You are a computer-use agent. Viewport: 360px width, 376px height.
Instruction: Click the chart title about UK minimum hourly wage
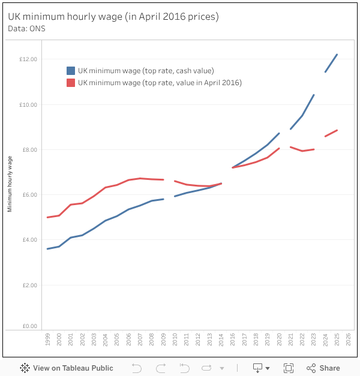[x=113, y=17]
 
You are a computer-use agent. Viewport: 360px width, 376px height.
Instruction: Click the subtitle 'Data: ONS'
[x=26, y=28]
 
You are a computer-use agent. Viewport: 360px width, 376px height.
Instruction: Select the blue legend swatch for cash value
[x=71, y=71]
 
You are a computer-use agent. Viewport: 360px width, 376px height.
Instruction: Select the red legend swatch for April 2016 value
[x=71, y=83]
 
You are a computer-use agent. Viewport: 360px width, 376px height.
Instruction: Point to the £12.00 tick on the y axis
[x=28, y=59]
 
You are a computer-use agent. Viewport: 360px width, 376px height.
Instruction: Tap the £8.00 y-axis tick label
[x=29, y=150]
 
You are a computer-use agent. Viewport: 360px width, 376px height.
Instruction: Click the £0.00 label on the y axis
[x=29, y=326]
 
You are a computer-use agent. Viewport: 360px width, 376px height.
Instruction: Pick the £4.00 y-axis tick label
[x=29, y=240]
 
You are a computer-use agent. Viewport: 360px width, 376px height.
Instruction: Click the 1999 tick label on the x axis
[x=47, y=339]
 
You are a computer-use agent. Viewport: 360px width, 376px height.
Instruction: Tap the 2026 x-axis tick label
[x=349, y=339]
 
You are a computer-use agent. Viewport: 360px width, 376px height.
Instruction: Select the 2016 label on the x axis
[x=233, y=339]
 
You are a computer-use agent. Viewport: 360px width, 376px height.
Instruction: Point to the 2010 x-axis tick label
[x=175, y=339]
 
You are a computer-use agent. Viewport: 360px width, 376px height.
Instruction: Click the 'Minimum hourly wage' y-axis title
[x=10, y=184]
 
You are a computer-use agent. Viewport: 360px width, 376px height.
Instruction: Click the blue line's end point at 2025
[x=337, y=55]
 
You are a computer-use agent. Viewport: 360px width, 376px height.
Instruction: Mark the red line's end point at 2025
[x=337, y=130]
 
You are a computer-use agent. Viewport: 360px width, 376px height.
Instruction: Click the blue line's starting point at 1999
[x=47, y=249]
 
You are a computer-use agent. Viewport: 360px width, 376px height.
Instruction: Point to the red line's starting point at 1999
[x=47, y=217]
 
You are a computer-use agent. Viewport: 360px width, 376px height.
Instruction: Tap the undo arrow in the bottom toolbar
[x=136, y=368]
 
